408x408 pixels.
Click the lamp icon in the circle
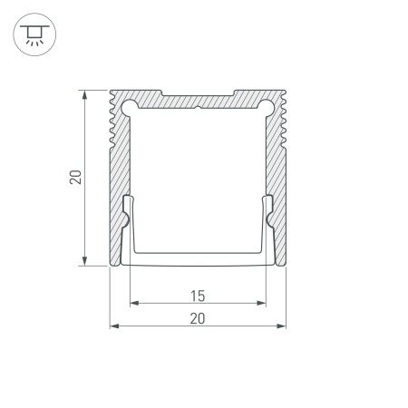tap(34, 34)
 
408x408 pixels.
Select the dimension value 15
tap(198, 294)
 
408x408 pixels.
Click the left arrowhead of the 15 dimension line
tap(132, 303)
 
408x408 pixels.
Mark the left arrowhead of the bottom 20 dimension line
tap(113, 325)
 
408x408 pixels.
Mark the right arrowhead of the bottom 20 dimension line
tap(283, 325)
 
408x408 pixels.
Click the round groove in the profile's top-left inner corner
tap(127, 106)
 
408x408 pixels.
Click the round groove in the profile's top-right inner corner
tap(269, 106)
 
